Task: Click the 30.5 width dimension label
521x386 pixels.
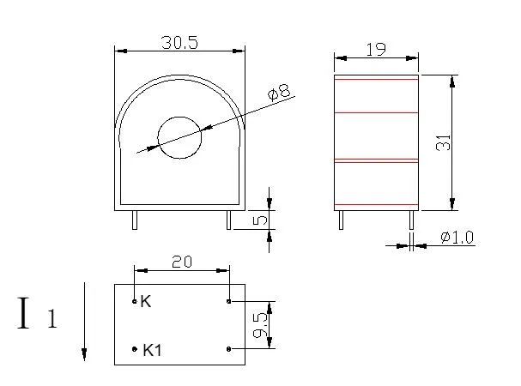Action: pos(179,42)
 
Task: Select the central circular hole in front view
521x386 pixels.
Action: pos(179,137)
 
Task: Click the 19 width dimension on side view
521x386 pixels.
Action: pos(375,51)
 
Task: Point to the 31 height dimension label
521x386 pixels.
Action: pos(443,142)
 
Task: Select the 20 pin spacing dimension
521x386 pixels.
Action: pos(181,262)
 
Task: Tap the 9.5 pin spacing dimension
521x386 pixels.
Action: pos(262,325)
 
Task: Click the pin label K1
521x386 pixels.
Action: pos(154,350)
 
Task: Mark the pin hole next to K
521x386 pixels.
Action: pos(135,302)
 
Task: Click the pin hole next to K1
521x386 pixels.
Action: pos(135,349)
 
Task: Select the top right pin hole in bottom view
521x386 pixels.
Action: pos(228,302)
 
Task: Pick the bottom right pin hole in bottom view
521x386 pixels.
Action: pos(228,349)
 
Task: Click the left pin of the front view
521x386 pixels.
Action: pos(134,220)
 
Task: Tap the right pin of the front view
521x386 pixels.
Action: pos(228,220)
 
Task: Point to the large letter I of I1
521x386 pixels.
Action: pos(25,314)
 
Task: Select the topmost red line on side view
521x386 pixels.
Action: pos(376,79)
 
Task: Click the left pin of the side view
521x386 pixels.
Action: pos(341,220)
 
